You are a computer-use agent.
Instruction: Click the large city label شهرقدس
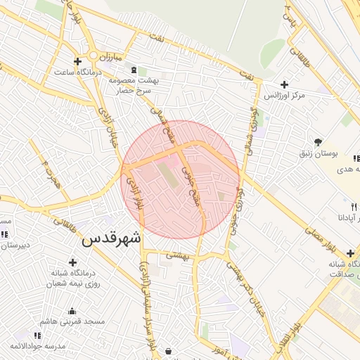coord(111,239)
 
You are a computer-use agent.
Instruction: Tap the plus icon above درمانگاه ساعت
coord(77,61)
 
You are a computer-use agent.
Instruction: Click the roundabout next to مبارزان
coord(92,56)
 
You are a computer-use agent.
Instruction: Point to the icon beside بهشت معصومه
coord(134,70)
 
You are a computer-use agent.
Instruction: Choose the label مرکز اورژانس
coord(284,95)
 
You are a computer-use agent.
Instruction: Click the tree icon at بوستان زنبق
coord(318,141)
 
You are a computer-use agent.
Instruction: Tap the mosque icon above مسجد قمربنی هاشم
coord(71,311)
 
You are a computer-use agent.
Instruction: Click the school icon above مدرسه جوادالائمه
coord(37,336)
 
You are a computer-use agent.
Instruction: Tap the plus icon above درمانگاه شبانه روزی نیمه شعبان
coord(72,262)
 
